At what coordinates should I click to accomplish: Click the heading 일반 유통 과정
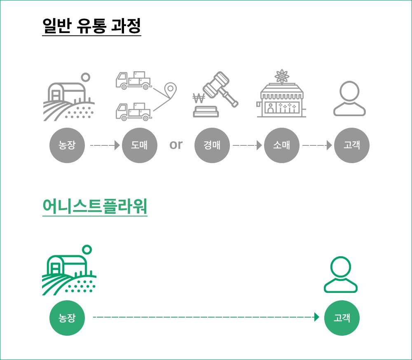91,26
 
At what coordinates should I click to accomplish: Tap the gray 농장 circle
67,145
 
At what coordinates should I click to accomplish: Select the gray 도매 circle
140,145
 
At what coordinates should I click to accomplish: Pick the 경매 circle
212,145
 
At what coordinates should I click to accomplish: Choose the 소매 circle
282,145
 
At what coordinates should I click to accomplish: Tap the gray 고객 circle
351,145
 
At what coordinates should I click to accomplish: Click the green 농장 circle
67,318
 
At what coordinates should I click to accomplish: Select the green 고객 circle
342,318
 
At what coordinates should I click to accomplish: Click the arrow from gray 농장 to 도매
105,145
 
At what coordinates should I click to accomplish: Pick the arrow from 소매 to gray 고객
317,145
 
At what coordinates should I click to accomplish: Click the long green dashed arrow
206,317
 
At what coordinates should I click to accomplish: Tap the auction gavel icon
220,88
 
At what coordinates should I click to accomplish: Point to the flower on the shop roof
282,77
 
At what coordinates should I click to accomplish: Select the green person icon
341,274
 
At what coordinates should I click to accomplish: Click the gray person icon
349,98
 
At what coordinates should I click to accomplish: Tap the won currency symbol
199,99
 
